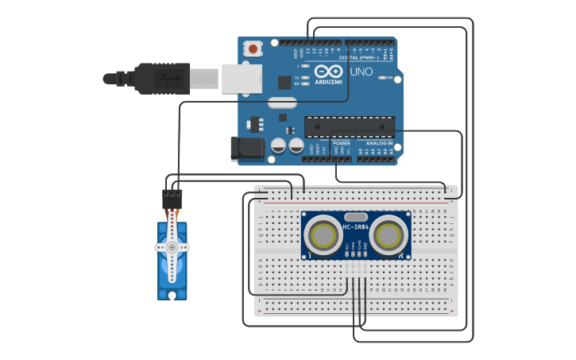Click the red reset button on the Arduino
click(253, 48)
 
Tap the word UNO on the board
click(361, 72)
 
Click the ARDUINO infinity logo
click(328, 72)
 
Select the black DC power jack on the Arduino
click(245, 149)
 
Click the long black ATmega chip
click(350, 126)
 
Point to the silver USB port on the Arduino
click(241, 79)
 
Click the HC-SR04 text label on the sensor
click(356, 228)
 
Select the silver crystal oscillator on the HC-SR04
click(356, 216)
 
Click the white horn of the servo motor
click(172, 247)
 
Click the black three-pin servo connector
click(172, 198)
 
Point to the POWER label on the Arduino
click(342, 143)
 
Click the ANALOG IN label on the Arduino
click(379, 143)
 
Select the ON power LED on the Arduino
click(383, 78)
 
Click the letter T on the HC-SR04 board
click(311, 255)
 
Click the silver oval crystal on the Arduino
click(282, 102)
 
